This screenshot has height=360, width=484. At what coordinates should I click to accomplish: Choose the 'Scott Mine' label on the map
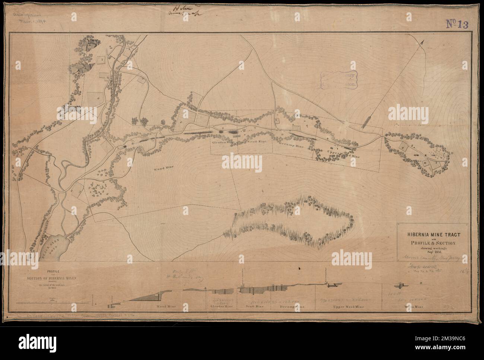(253, 142)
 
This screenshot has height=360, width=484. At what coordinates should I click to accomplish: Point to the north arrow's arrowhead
(423, 42)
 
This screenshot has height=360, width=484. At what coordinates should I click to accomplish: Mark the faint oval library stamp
(340, 80)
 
